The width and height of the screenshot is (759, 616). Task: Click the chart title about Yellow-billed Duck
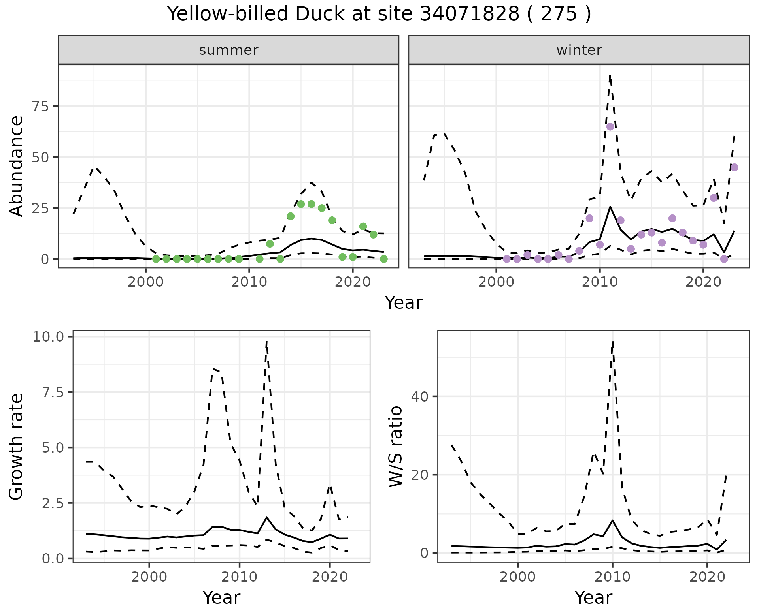click(379, 14)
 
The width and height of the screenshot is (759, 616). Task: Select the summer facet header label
click(228, 50)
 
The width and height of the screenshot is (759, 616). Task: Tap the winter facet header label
click(579, 50)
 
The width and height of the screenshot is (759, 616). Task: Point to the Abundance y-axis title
click(17, 166)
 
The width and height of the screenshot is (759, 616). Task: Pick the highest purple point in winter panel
click(610, 127)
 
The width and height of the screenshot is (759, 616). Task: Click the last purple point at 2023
click(734, 167)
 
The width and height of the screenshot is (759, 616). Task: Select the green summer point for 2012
click(270, 244)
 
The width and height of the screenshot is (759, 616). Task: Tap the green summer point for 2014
click(291, 216)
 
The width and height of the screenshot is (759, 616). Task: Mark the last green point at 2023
click(383, 259)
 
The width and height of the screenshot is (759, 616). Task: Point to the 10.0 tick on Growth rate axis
click(49, 337)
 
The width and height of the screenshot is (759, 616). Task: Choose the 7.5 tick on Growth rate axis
click(53, 392)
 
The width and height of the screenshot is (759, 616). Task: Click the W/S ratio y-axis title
click(395, 446)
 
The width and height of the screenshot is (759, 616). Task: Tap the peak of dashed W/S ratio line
click(612, 342)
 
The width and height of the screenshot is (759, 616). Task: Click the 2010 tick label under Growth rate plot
click(239, 577)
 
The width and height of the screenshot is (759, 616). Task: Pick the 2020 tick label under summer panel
click(353, 282)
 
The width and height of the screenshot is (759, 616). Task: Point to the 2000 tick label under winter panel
click(496, 282)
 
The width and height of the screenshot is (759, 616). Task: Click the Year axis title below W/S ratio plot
click(593, 597)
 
